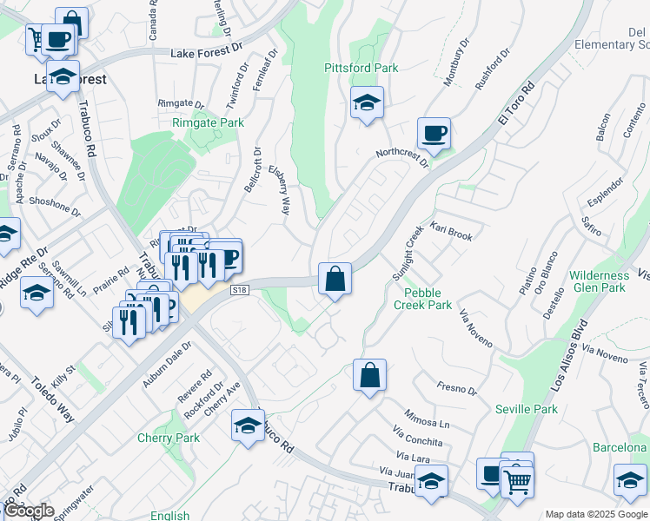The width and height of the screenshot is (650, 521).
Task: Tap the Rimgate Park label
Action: tap(208, 123)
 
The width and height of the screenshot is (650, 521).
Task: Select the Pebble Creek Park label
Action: tap(422, 299)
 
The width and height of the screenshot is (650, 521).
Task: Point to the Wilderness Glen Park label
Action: tap(599, 281)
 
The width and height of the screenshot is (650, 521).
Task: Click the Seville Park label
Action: tap(526, 409)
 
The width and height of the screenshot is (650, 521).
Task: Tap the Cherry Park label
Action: tap(169, 438)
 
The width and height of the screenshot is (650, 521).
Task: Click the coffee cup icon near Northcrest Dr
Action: tap(434, 135)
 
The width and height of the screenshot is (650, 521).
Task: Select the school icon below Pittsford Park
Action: tap(367, 103)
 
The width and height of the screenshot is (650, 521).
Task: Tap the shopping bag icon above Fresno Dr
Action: tap(369, 376)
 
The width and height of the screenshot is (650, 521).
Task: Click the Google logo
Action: tap(29, 510)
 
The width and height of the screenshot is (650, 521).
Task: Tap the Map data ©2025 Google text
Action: tap(595, 514)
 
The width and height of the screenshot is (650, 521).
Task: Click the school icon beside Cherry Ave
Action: tap(248, 426)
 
